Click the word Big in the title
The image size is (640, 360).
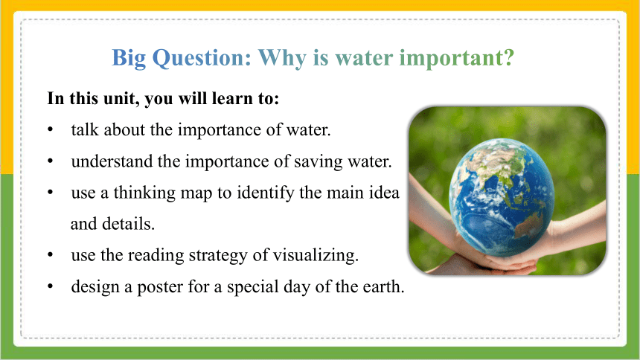(x=129, y=58)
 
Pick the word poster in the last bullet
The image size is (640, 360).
(x=160, y=287)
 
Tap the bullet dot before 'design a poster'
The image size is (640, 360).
(x=50, y=286)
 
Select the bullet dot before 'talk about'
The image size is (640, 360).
(x=50, y=130)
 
